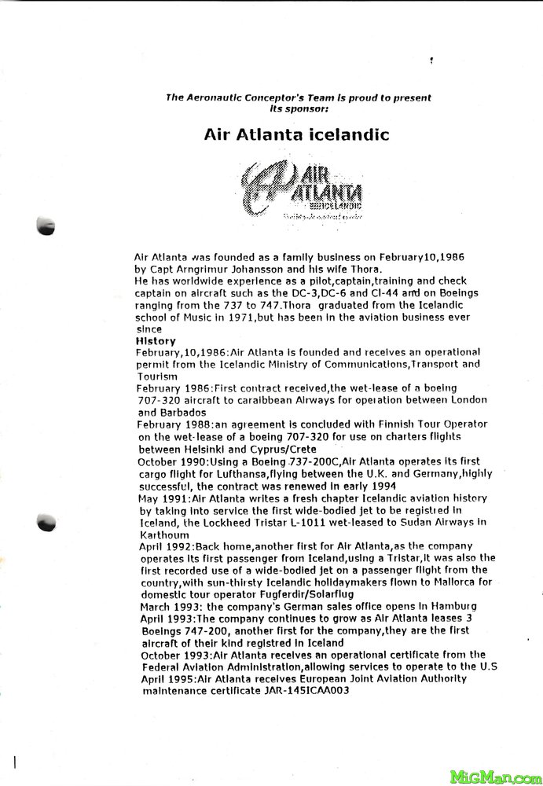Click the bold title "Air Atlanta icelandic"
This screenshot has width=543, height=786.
[x=296, y=134]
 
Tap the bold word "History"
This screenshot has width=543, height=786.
[x=156, y=341]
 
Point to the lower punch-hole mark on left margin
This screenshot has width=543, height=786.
[x=47, y=521]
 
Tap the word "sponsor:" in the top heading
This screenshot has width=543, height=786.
[x=296, y=108]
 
